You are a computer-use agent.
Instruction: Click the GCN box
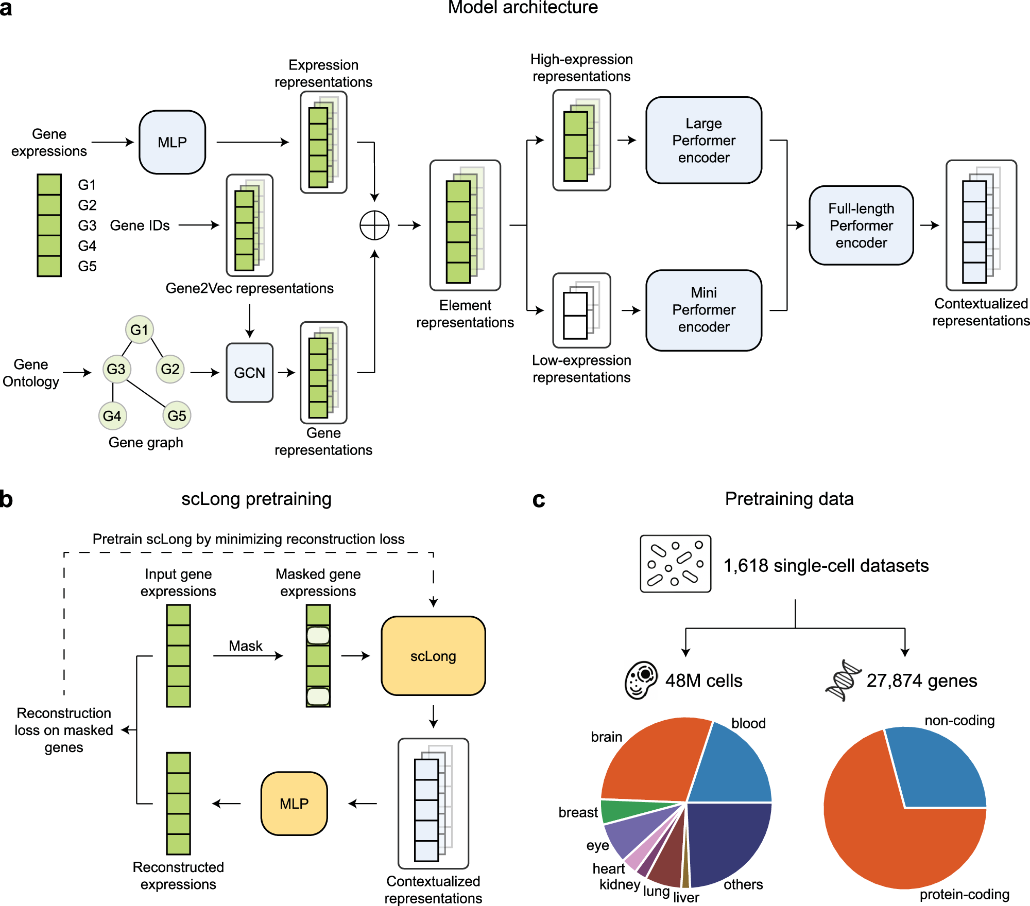[249, 373]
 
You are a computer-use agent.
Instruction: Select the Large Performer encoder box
[703, 140]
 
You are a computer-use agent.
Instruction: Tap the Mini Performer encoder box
[703, 310]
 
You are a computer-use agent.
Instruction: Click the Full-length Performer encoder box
[861, 225]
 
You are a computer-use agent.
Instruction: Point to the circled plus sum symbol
[374, 225]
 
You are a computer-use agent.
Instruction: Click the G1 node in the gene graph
[139, 330]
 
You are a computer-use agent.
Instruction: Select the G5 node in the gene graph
[177, 415]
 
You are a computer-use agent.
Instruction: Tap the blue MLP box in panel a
[172, 142]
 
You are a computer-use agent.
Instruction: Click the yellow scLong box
[433, 656]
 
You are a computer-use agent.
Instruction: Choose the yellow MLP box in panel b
[294, 804]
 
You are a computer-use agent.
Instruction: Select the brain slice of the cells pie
[654, 762]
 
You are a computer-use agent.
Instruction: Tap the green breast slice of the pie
[618, 812]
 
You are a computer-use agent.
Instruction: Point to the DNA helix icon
[843, 681]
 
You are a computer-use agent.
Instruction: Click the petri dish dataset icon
[675, 564]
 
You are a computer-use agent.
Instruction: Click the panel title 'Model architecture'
[522, 7]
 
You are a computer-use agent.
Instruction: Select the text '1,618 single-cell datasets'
[826, 566]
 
